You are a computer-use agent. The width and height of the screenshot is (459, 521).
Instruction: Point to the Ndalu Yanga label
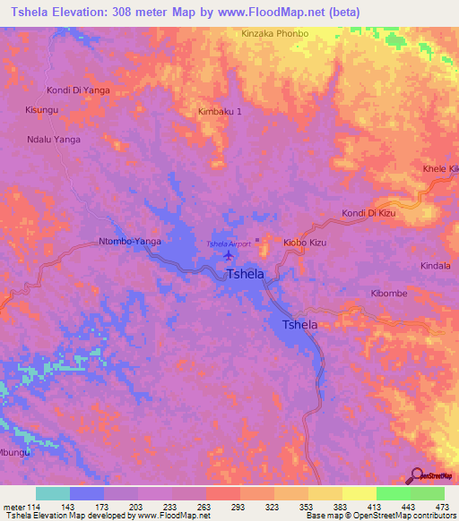(x=54, y=140)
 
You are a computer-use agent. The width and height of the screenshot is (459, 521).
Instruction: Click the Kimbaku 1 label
(x=220, y=112)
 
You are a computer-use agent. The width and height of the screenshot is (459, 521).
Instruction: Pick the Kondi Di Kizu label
(x=368, y=213)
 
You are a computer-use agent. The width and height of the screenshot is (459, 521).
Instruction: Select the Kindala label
(x=436, y=266)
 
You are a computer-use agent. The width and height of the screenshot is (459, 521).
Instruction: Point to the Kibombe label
(x=390, y=294)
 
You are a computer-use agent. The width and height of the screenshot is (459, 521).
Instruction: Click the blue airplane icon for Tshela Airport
(x=228, y=256)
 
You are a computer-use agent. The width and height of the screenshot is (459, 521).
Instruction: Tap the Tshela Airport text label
(x=229, y=243)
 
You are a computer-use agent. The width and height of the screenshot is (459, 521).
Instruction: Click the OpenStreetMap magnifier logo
(x=416, y=476)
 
